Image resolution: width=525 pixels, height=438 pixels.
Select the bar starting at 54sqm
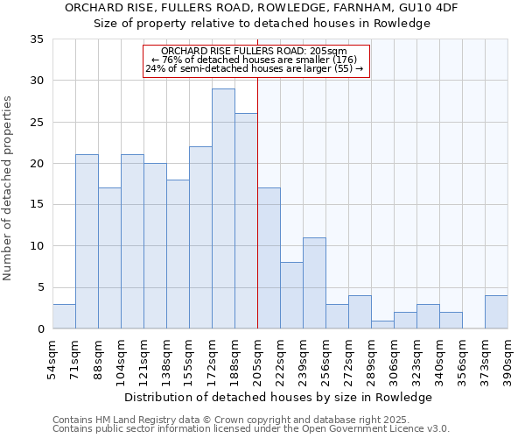(x=64, y=316)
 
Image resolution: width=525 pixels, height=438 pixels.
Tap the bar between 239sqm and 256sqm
(x=314, y=283)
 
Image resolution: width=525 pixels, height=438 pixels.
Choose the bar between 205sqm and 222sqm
(x=269, y=258)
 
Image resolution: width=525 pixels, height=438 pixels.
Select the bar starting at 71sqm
(x=87, y=242)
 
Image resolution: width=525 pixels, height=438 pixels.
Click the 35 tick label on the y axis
(x=37, y=39)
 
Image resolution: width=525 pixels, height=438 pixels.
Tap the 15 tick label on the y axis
(x=37, y=205)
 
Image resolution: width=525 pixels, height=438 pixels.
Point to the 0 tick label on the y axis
(x=40, y=329)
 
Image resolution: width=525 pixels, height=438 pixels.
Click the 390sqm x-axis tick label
(x=507, y=359)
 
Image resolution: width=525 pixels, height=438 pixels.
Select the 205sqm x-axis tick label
(x=257, y=359)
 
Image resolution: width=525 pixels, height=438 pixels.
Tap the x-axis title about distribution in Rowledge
(x=278, y=397)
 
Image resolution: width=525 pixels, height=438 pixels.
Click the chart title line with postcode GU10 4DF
(x=262, y=7)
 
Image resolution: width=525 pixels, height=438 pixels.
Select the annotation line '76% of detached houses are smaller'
(x=255, y=60)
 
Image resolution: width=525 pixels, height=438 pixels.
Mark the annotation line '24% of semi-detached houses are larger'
(x=255, y=68)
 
